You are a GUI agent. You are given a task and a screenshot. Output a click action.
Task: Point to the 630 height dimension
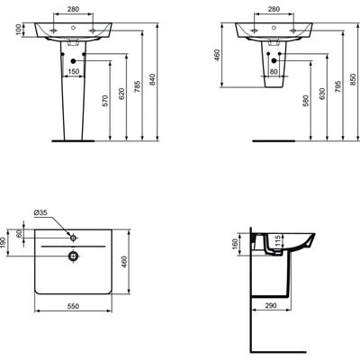pos(320,96)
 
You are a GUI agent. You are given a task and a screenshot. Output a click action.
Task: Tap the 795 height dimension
pos(337,84)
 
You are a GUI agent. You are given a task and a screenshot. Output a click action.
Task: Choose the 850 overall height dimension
pos(352,79)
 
